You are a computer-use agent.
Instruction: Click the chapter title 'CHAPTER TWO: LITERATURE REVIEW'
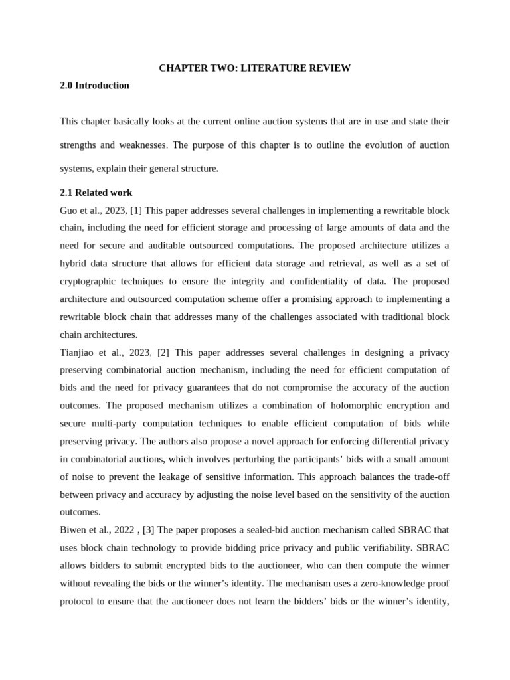click(254, 68)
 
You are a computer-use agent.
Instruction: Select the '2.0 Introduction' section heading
click(94, 86)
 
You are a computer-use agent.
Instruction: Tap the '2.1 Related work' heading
click(96, 193)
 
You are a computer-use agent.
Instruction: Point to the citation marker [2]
click(163, 353)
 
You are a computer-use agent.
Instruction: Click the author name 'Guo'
click(69, 211)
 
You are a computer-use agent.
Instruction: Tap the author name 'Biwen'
click(73, 530)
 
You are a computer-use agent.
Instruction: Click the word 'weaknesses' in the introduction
click(142, 145)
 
